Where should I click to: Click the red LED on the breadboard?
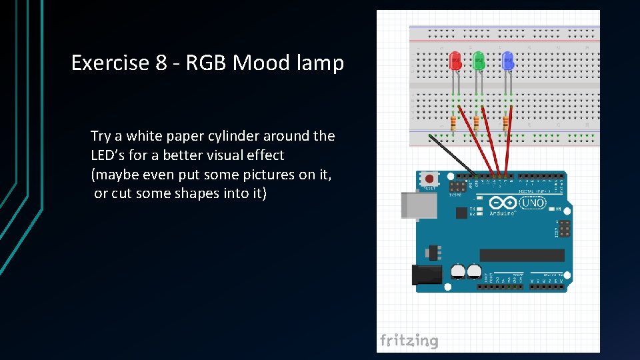click(x=456, y=61)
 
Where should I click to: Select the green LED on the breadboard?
click(x=478, y=62)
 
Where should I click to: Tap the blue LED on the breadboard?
click(x=507, y=61)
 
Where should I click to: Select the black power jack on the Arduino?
click(x=427, y=274)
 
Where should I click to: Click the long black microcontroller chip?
click(x=521, y=255)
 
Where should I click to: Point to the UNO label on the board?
click(x=534, y=203)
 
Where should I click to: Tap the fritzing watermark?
click(x=409, y=341)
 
